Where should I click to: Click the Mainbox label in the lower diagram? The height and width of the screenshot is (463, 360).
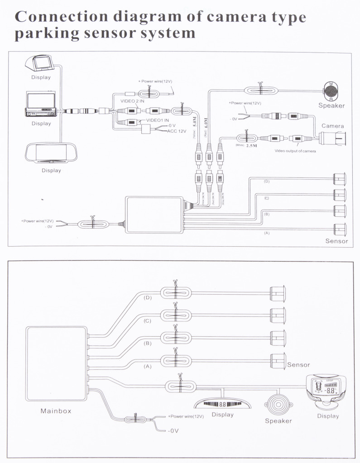point(56,411)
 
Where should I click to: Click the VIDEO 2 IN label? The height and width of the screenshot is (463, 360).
point(132,101)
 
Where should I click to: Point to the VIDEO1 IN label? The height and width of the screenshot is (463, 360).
point(157,120)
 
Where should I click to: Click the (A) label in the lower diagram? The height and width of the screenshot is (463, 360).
point(147,367)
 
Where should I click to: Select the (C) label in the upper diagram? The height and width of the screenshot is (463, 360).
point(266,198)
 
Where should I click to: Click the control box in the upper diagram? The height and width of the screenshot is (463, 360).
point(154,215)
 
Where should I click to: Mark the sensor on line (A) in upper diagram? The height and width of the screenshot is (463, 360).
point(340,228)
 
